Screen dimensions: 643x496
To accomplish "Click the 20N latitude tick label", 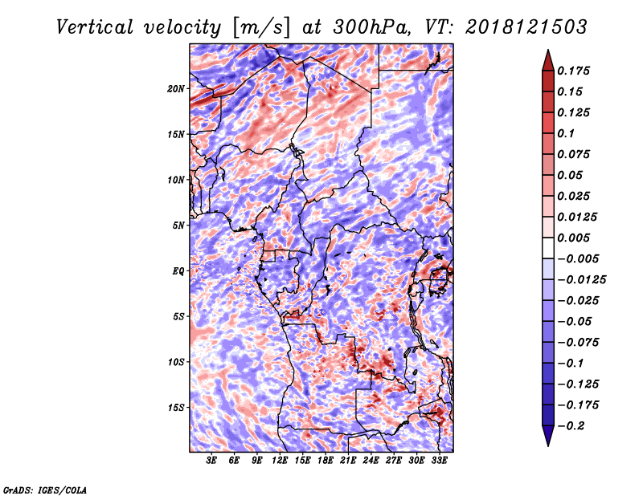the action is (176, 89).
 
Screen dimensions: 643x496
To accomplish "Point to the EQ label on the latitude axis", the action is (178, 271).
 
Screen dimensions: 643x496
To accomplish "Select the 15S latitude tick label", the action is (176, 408).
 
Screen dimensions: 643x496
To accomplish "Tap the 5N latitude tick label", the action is (178, 226).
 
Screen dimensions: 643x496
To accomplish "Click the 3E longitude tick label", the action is (211, 461).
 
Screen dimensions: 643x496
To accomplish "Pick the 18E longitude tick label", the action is (326, 461).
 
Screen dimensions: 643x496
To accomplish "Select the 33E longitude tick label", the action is (439, 461).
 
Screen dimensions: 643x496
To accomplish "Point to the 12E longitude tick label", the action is (280, 461).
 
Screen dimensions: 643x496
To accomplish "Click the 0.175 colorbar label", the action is (573, 71).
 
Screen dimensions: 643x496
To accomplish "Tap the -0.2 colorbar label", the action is (571, 426).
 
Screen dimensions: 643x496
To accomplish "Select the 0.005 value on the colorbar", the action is (573, 238).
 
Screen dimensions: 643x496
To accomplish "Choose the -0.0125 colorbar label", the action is (581, 280).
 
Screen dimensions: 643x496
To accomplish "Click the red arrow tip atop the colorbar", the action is (548, 51).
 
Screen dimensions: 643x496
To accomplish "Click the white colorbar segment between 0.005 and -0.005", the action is (548, 248).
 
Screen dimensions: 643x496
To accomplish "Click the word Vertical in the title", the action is (94, 27).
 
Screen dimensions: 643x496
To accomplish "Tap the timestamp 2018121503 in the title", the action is (526, 27).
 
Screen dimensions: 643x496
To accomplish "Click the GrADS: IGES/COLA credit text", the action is (45, 490).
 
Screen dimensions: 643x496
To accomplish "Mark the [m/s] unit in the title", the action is (261, 28).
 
